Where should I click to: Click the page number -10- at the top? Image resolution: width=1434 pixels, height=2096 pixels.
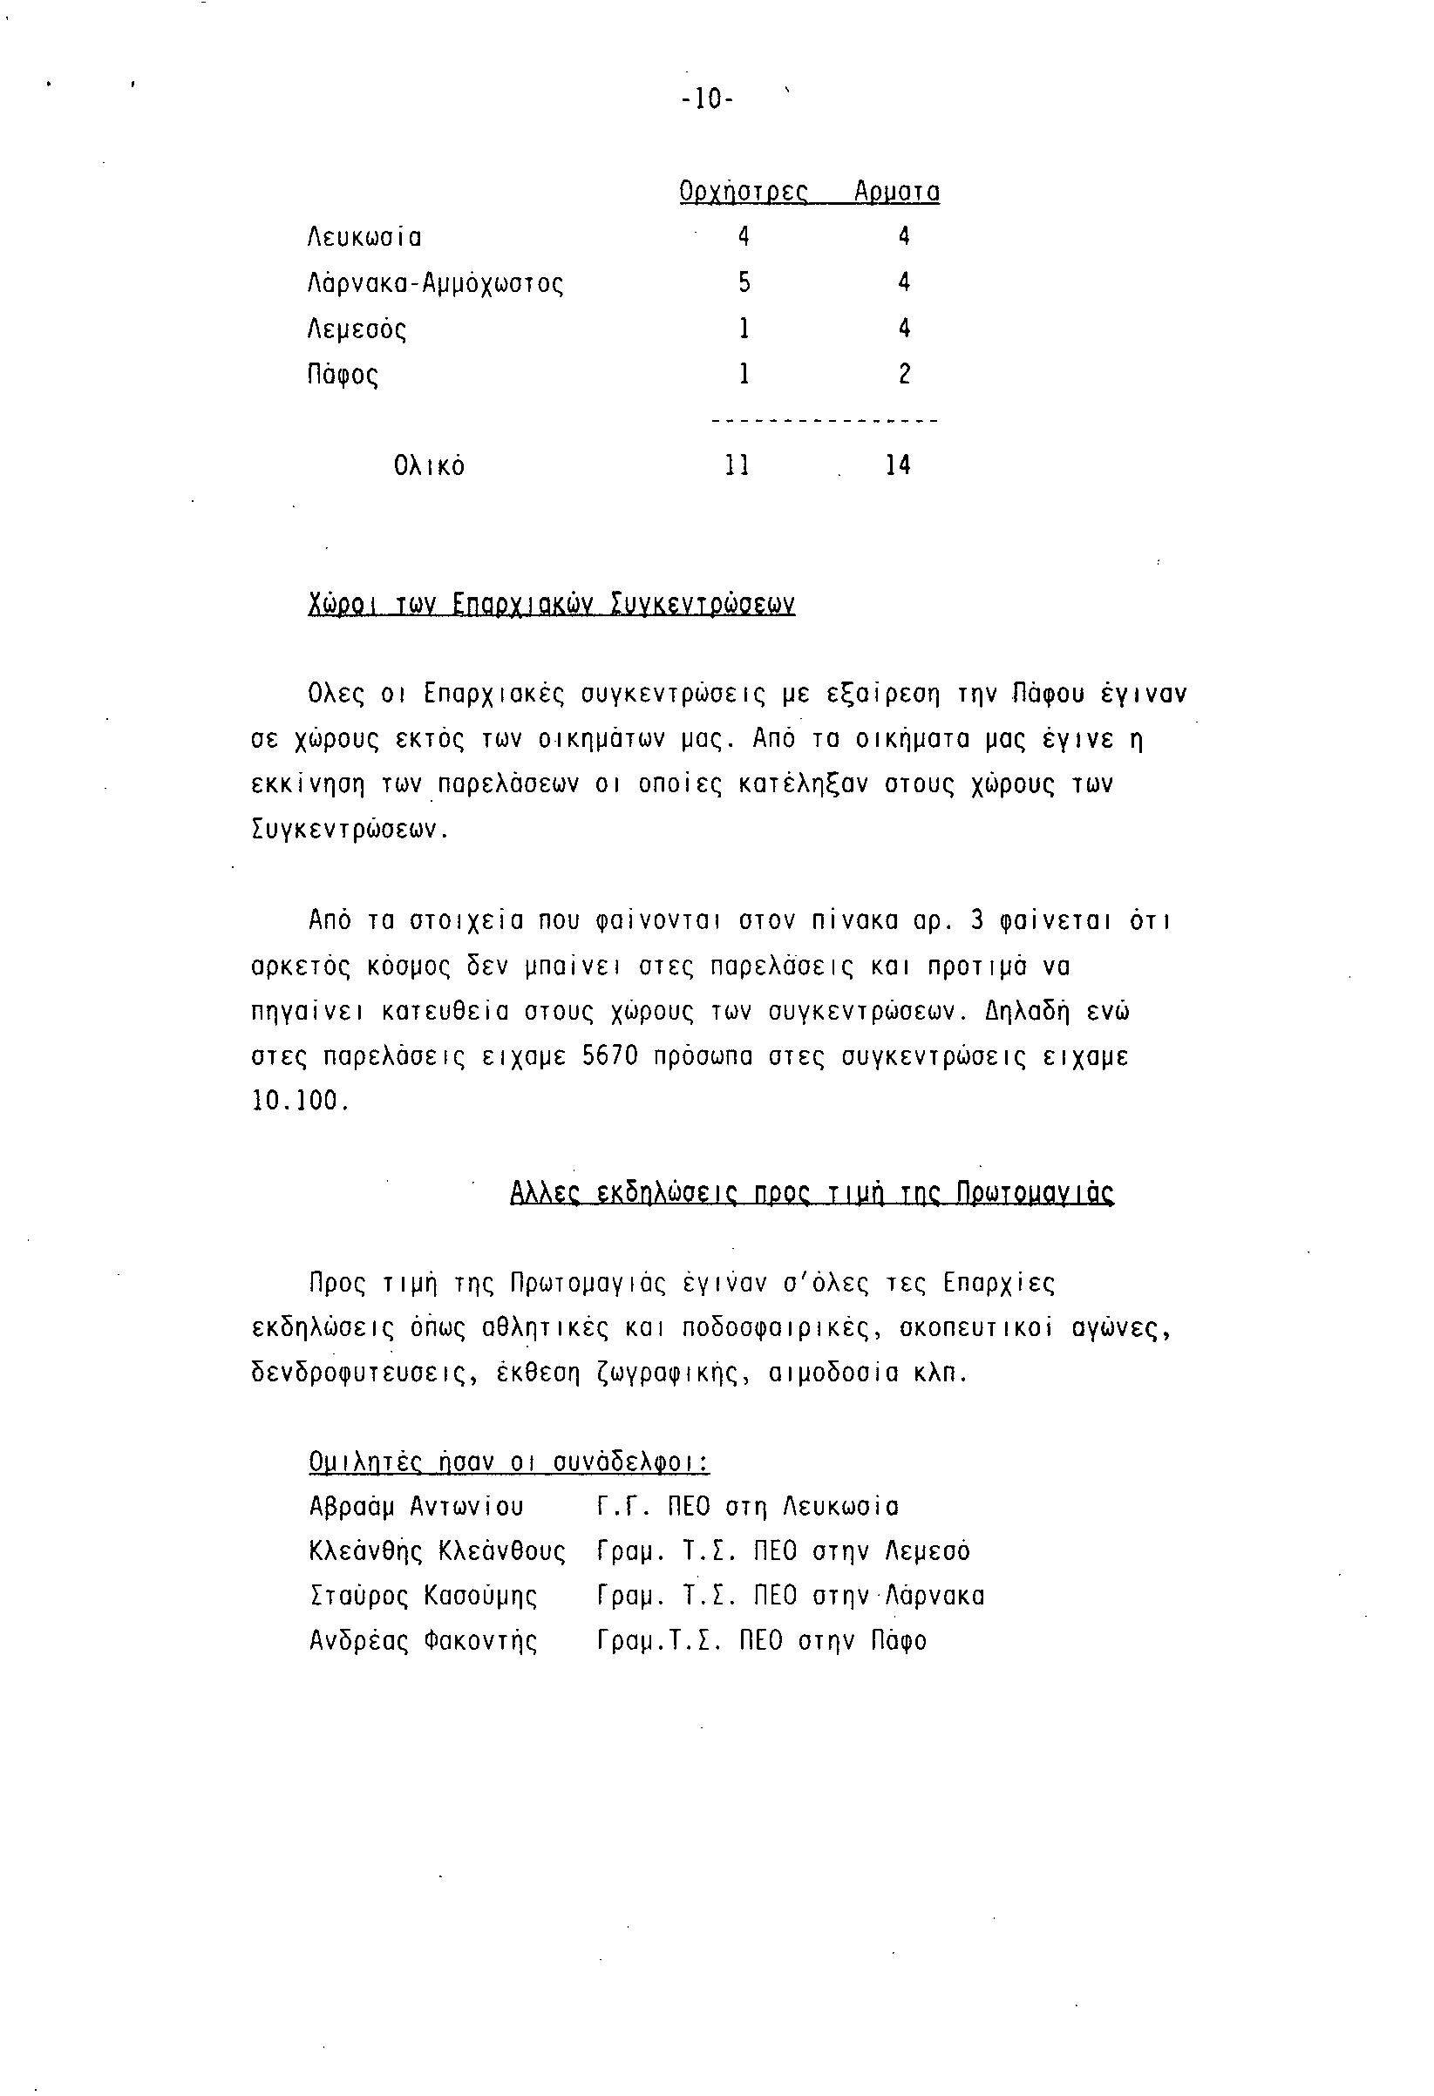coord(708,99)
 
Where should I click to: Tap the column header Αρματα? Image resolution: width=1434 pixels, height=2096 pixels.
coord(896,192)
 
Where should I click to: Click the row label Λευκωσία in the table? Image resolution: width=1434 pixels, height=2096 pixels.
coord(364,238)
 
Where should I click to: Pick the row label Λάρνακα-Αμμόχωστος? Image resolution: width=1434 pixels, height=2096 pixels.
coord(436,284)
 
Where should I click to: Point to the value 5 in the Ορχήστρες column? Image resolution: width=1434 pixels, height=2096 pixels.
coord(744,283)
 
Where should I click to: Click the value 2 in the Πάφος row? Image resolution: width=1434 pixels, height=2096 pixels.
coord(905,374)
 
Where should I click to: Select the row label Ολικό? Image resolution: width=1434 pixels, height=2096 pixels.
coord(429,466)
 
